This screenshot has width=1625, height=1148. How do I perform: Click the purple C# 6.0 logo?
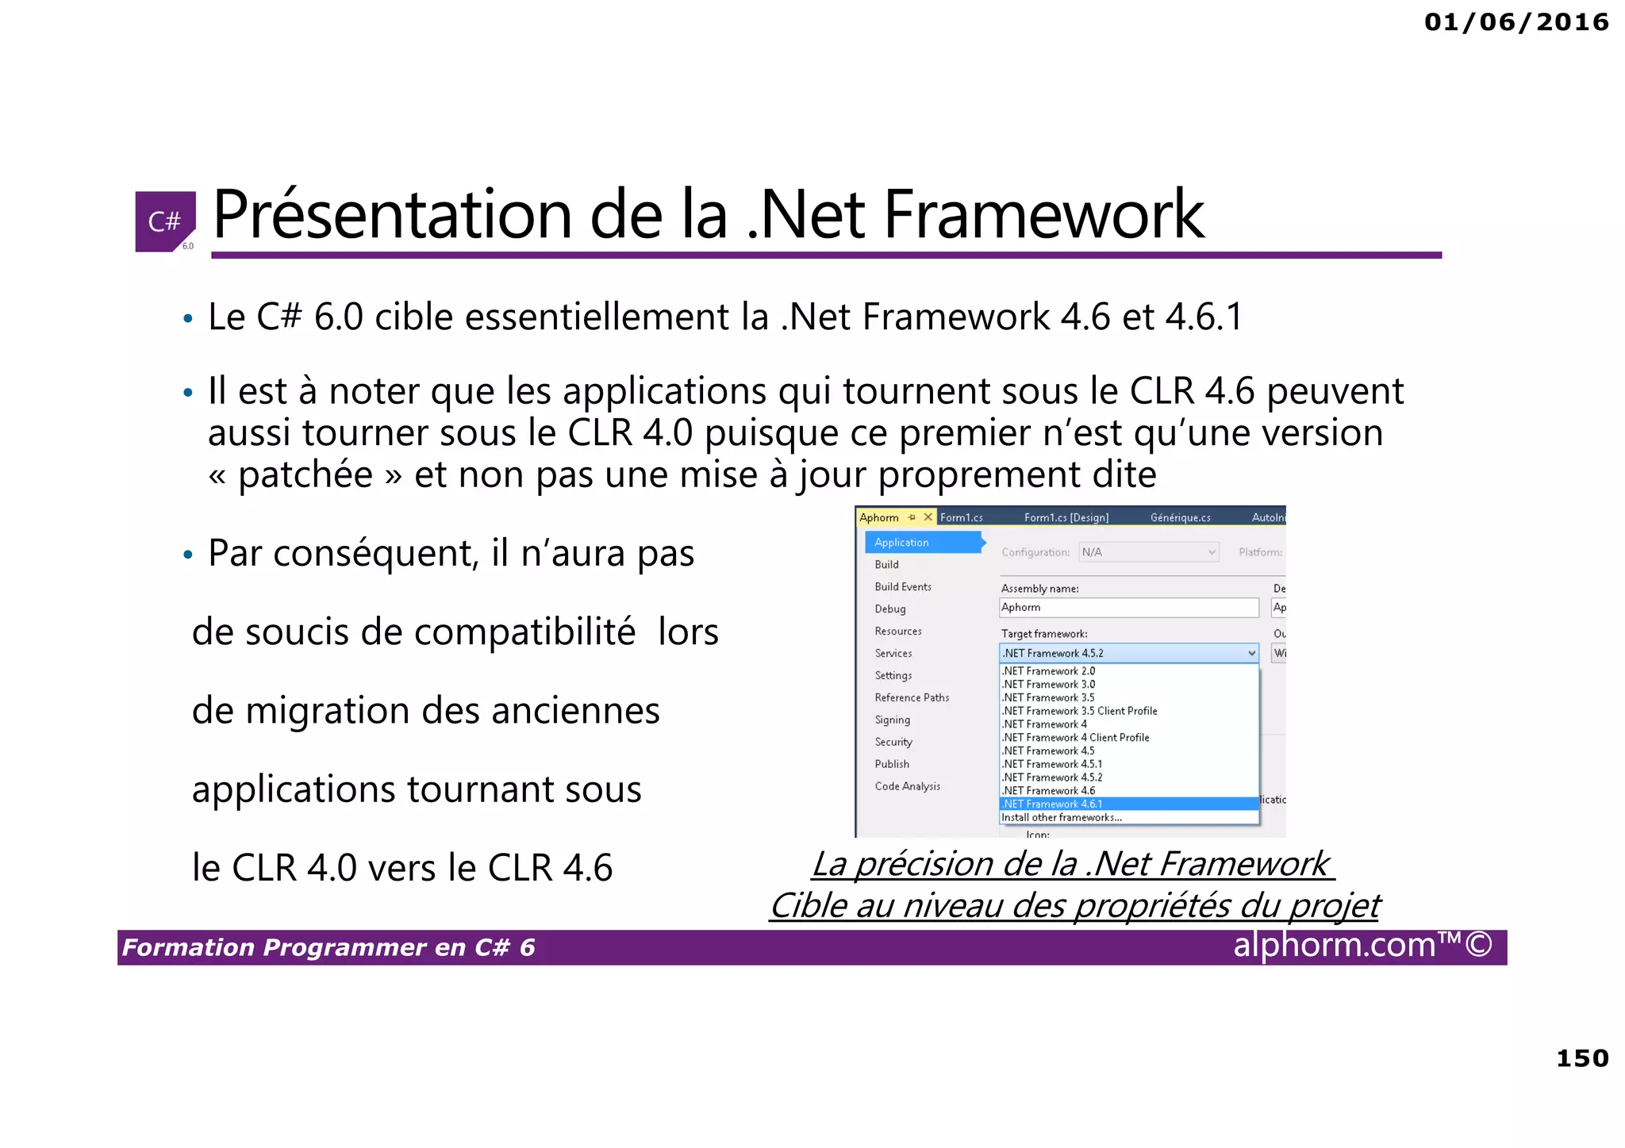(x=165, y=221)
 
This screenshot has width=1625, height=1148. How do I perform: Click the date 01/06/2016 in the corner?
(x=1516, y=22)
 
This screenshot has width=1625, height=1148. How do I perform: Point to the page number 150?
(x=1582, y=1058)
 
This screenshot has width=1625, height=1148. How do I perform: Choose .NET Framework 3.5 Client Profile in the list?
(x=1079, y=711)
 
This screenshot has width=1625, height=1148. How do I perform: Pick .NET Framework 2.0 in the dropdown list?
(x=1048, y=671)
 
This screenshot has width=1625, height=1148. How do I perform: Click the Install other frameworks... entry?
(x=1062, y=817)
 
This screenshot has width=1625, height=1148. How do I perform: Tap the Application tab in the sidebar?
(x=901, y=543)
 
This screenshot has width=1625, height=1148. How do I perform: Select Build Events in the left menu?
(x=903, y=587)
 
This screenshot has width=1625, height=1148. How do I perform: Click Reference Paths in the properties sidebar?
(x=912, y=697)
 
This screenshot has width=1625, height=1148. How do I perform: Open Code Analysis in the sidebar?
(x=907, y=786)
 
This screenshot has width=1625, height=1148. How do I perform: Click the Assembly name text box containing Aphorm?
(x=1128, y=608)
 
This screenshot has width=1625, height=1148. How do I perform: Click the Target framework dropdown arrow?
(x=1251, y=653)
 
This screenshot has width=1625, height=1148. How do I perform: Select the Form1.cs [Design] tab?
(x=1066, y=517)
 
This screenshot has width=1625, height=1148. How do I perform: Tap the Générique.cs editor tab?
(x=1180, y=517)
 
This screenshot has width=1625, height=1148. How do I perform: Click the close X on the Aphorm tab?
(x=928, y=517)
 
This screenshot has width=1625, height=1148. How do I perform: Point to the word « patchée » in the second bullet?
(x=305, y=475)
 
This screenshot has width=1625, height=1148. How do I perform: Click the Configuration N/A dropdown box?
(x=1148, y=552)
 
